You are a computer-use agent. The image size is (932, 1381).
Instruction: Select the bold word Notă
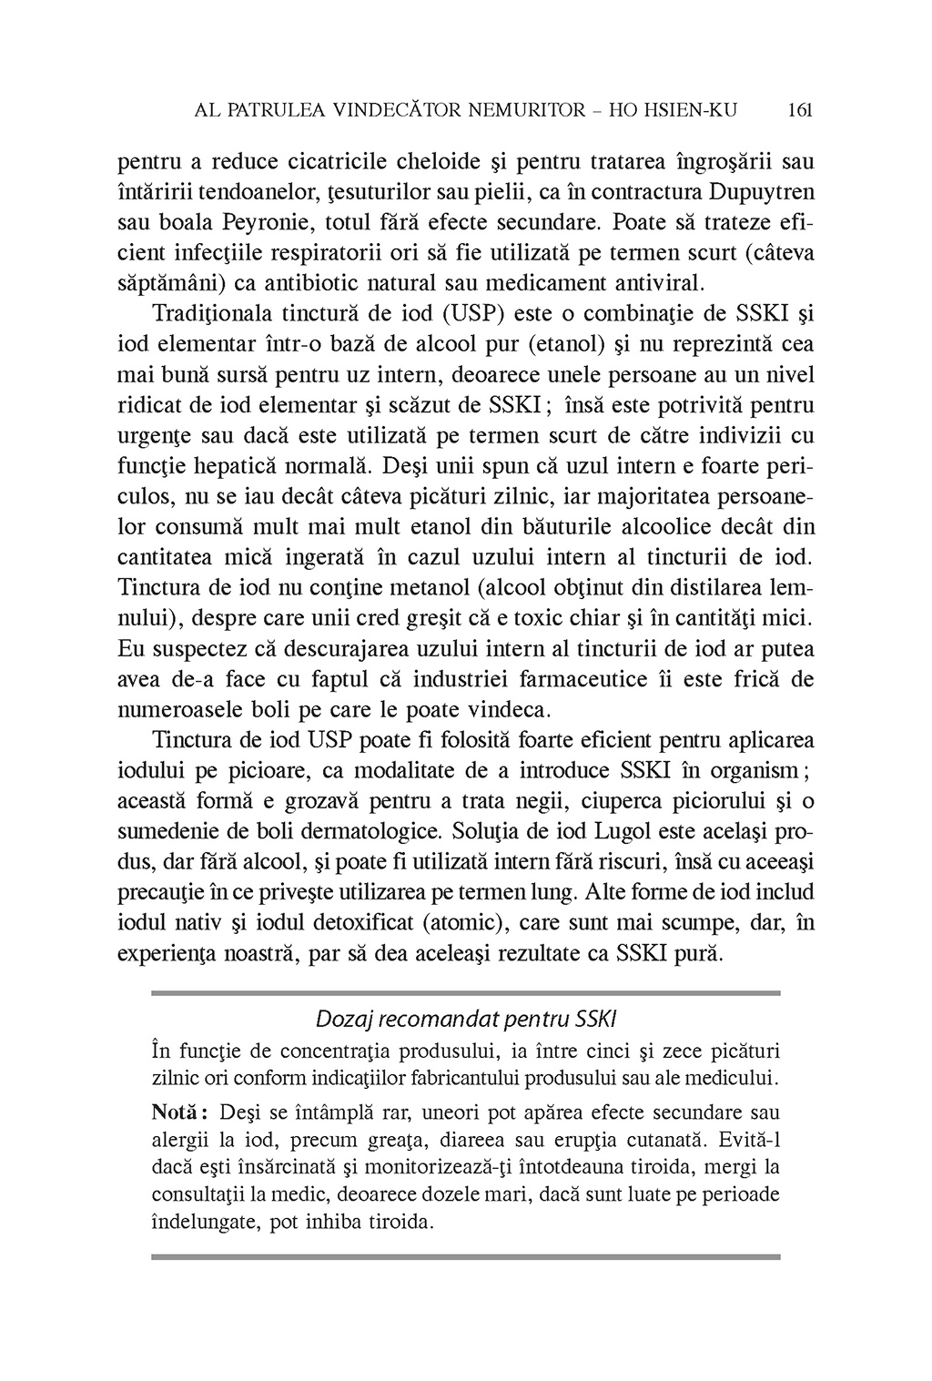coord(177,1112)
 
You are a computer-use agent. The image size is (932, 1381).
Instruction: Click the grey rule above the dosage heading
coord(465,993)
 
